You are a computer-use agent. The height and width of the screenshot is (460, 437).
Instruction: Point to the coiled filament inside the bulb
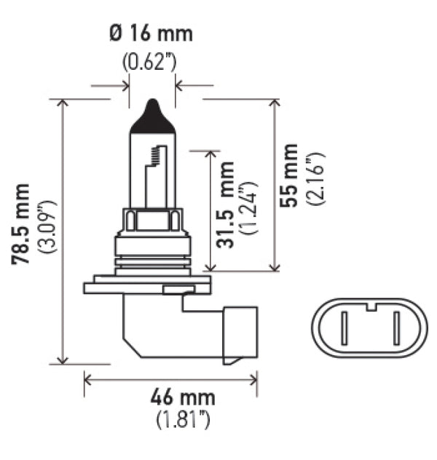[x=155, y=154]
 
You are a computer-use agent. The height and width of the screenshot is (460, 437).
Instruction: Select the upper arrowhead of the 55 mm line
[x=275, y=103]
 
